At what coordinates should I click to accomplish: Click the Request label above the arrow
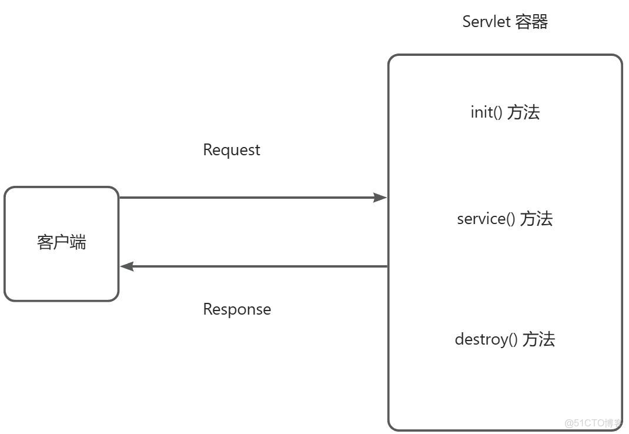pyautogui.click(x=231, y=150)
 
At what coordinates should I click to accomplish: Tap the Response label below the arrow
pyautogui.click(x=237, y=309)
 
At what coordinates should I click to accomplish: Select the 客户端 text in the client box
pyautogui.click(x=61, y=242)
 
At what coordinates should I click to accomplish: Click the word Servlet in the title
pyautogui.click(x=486, y=22)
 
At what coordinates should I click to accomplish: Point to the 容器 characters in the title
pyautogui.click(x=531, y=22)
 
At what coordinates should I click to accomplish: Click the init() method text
pyautogui.click(x=486, y=112)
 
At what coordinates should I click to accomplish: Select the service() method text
pyautogui.click(x=486, y=219)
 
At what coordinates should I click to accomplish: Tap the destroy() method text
pyautogui.click(x=486, y=339)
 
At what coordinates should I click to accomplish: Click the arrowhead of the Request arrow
pyautogui.click(x=380, y=198)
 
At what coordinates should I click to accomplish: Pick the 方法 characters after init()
pyautogui.click(x=523, y=112)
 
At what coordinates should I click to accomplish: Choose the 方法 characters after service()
pyautogui.click(x=536, y=219)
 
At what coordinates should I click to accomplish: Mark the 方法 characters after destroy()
pyautogui.click(x=538, y=339)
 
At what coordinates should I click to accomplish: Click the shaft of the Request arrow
pyautogui.click(x=247, y=198)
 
